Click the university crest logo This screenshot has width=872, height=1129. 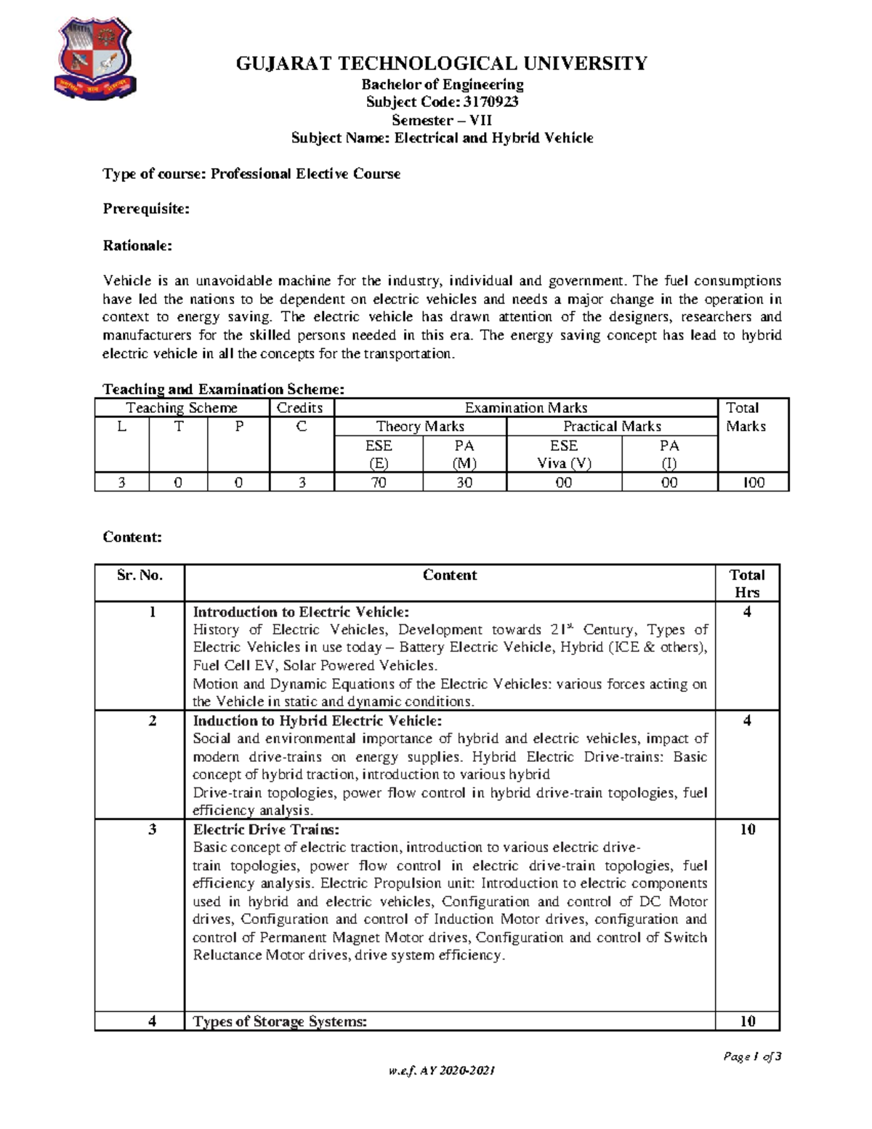(94, 57)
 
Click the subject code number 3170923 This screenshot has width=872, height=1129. (490, 102)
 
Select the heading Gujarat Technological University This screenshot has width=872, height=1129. (441, 64)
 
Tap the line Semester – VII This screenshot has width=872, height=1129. (441, 120)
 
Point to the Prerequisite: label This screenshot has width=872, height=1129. (146, 209)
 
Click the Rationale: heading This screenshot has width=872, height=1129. (137, 246)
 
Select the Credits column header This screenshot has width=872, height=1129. (299, 408)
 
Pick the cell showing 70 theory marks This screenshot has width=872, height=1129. (379, 482)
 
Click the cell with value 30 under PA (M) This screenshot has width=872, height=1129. (464, 482)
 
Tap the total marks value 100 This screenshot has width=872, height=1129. (753, 482)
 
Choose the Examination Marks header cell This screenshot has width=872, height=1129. (525, 408)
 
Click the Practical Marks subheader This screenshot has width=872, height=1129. (612, 427)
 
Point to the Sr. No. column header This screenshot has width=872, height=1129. (140, 575)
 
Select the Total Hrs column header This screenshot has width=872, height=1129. (747, 583)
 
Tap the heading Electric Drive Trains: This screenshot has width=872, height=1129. (266, 829)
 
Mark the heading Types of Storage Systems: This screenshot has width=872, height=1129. (280, 1021)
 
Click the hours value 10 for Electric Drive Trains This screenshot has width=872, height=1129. (747, 829)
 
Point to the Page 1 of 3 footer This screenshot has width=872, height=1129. (752, 1056)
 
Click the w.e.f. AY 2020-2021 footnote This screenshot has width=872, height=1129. (441, 1071)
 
